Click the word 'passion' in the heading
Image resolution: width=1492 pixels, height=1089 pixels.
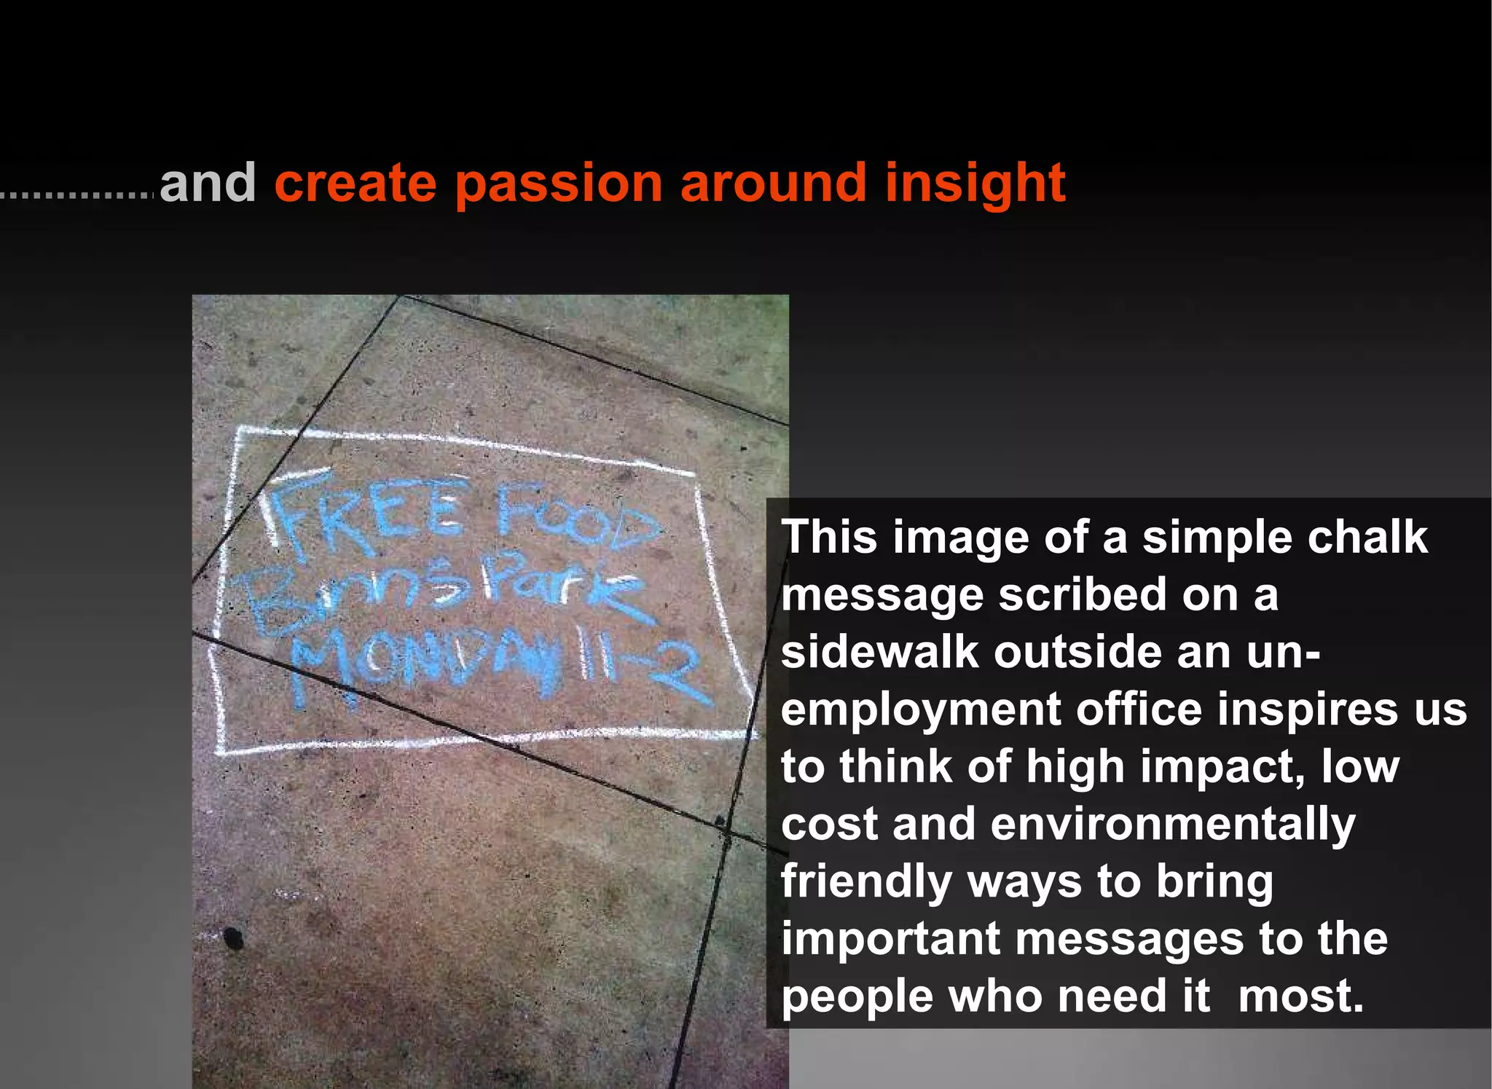[559, 184]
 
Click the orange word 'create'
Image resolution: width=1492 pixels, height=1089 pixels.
[355, 184]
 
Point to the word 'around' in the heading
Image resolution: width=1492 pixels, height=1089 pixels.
[773, 184]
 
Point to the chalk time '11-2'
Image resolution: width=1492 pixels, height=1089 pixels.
[641, 667]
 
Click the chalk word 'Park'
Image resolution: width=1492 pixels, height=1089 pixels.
[561, 586]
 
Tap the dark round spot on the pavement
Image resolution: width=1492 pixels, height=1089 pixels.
[233, 938]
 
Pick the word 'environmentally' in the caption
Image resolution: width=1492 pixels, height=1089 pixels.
[1172, 825]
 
